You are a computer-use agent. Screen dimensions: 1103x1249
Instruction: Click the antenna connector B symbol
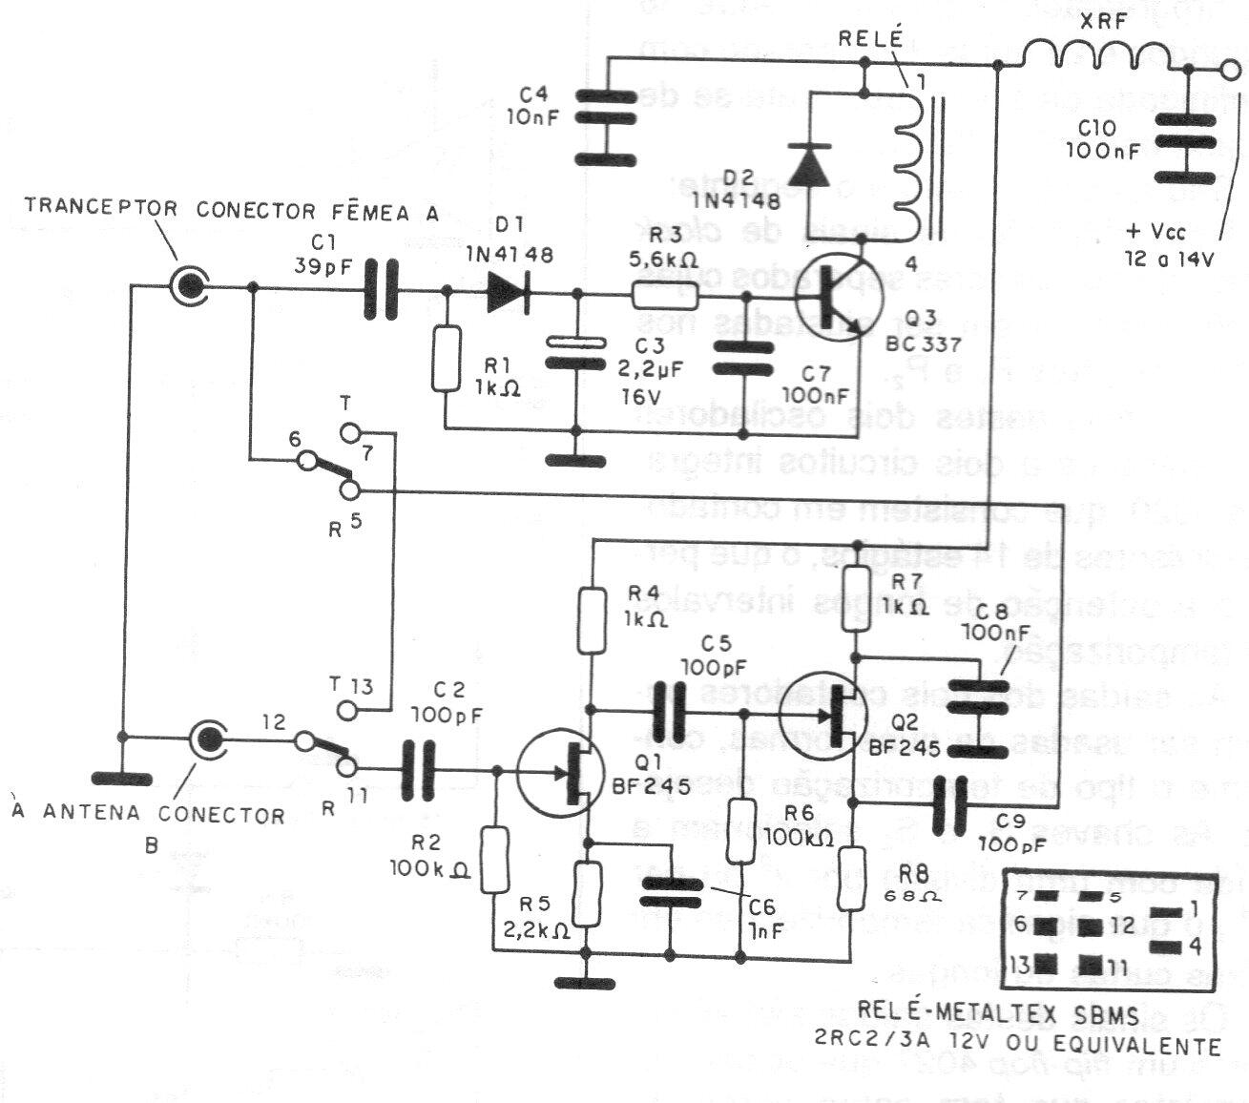208,738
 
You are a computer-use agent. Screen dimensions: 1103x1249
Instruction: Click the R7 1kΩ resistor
856,598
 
